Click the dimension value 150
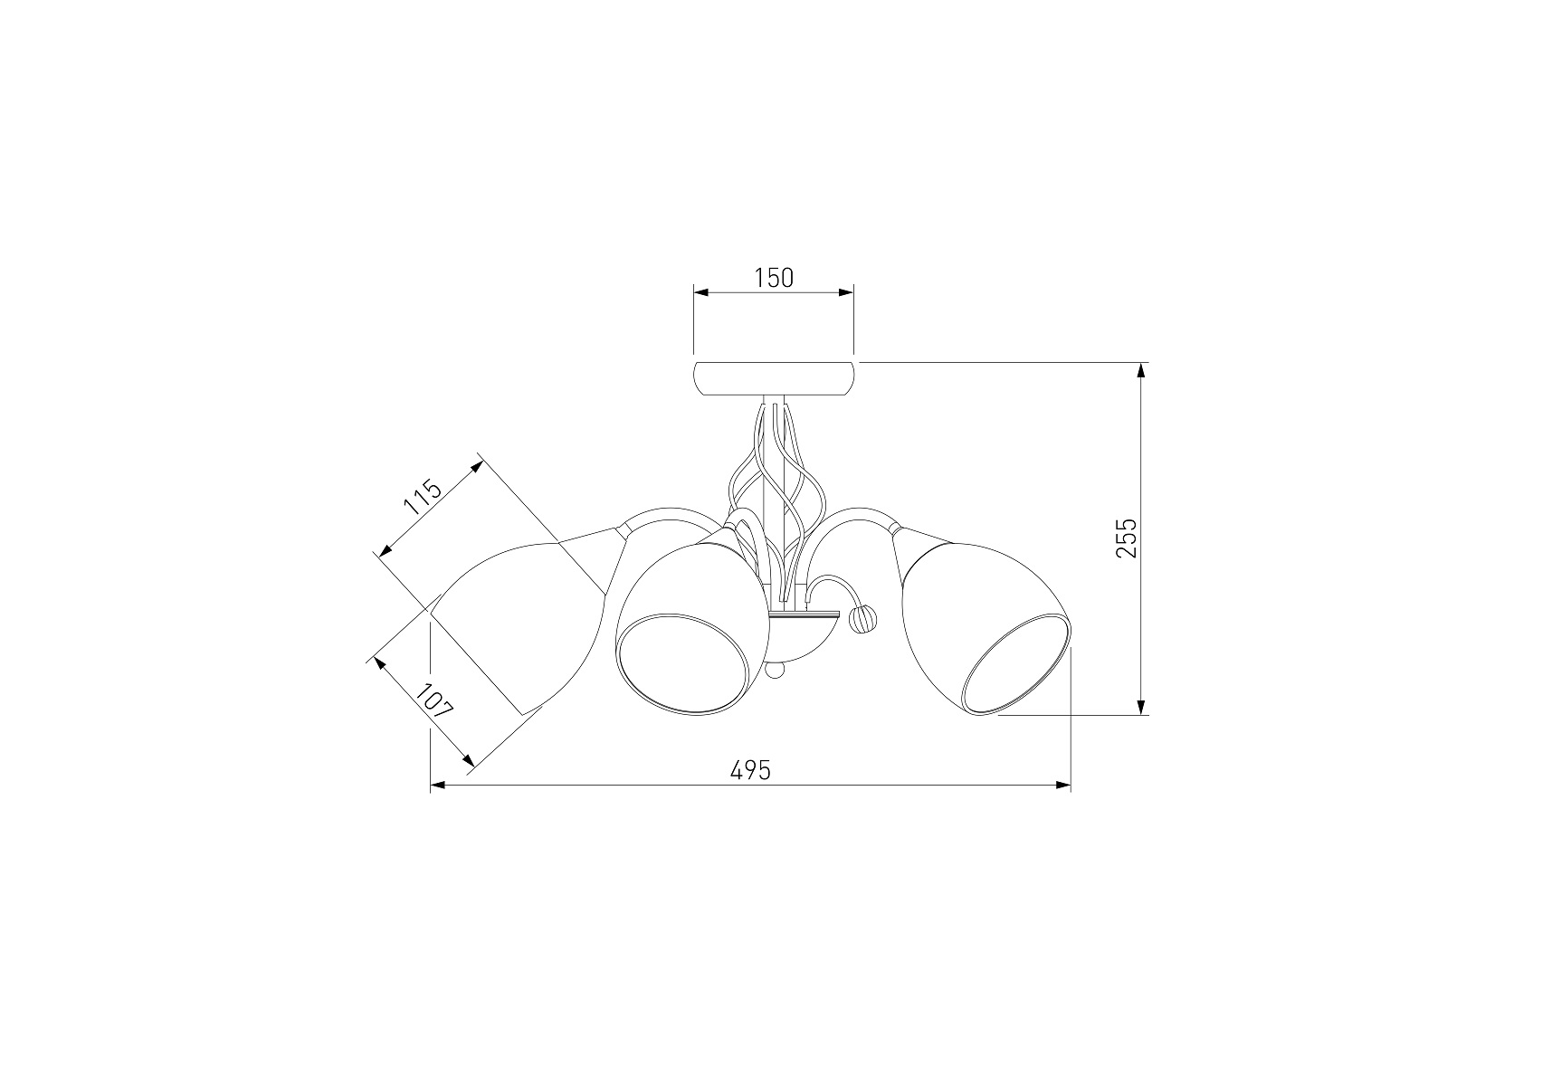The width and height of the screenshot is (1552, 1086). pyautogui.click(x=774, y=278)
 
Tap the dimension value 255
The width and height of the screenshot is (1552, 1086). pyautogui.click(x=1125, y=538)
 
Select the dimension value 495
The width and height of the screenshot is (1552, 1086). pyautogui.click(x=750, y=770)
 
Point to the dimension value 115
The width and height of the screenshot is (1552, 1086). pyautogui.click(x=422, y=498)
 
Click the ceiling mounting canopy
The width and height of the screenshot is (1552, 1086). pyautogui.click(x=774, y=378)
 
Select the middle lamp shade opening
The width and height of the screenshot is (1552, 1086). pyautogui.click(x=683, y=664)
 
